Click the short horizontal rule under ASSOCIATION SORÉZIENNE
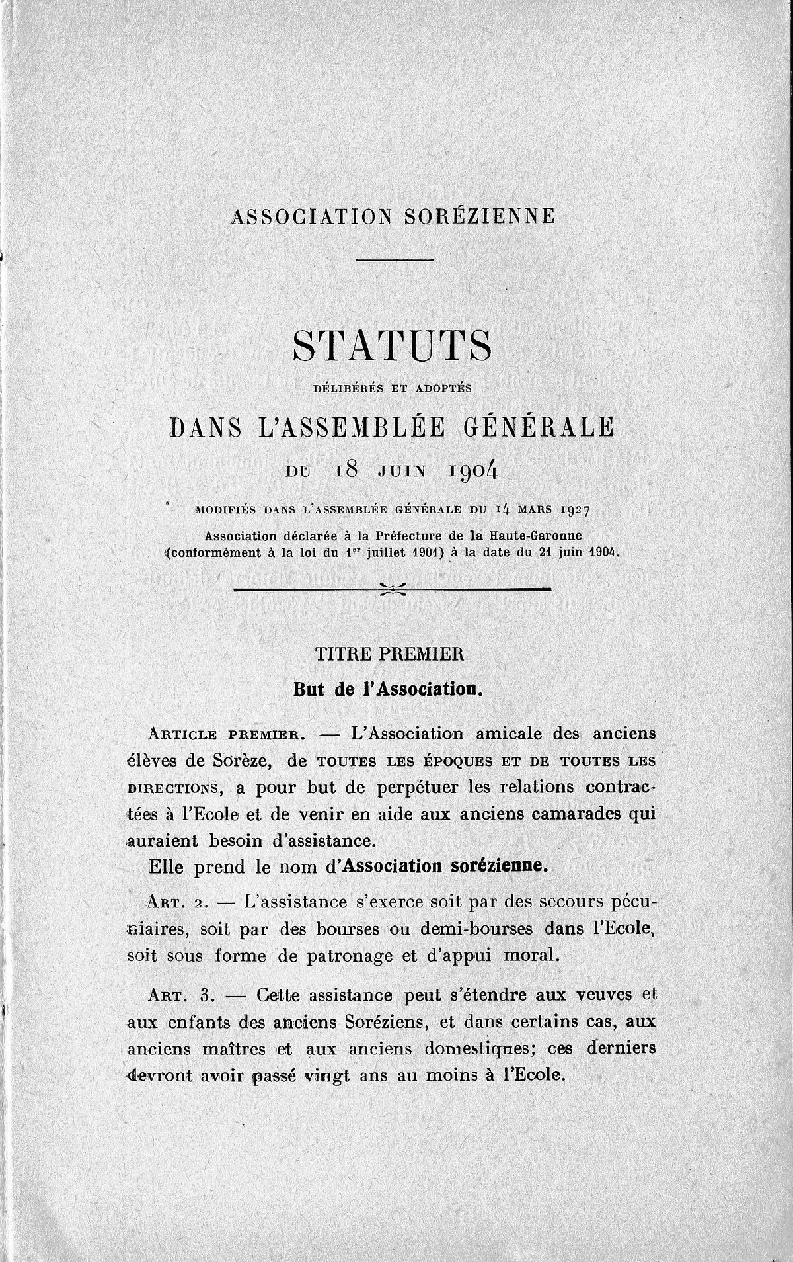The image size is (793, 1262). [395, 259]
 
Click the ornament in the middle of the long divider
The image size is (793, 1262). [393, 589]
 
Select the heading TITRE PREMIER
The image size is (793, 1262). [391, 654]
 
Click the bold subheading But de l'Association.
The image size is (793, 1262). [390, 689]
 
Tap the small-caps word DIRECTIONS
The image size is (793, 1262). [172, 788]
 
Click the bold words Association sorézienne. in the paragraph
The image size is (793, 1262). [445, 866]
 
